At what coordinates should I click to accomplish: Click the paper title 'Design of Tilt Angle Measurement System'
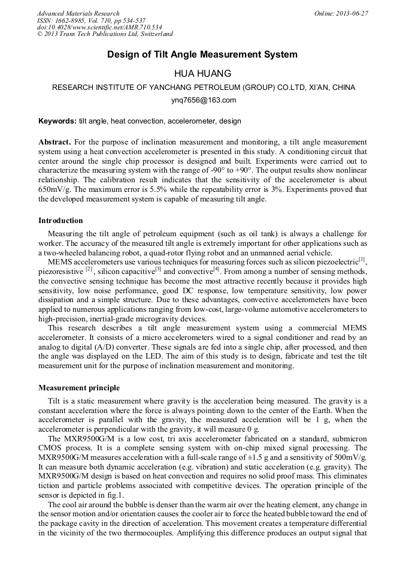click(202, 55)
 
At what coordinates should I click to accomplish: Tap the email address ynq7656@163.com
click(203, 100)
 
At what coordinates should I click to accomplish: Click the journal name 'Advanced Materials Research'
click(78, 13)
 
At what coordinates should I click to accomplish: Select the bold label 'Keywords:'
click(57, 121)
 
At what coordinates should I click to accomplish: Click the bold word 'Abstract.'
click(54, 142)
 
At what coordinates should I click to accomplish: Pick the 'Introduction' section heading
click(60, 221)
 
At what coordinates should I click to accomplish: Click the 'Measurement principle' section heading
click(79, 388)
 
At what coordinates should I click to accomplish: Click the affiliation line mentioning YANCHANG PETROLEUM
click(203, 88)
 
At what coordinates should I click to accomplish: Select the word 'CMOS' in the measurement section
click(50, 448)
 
